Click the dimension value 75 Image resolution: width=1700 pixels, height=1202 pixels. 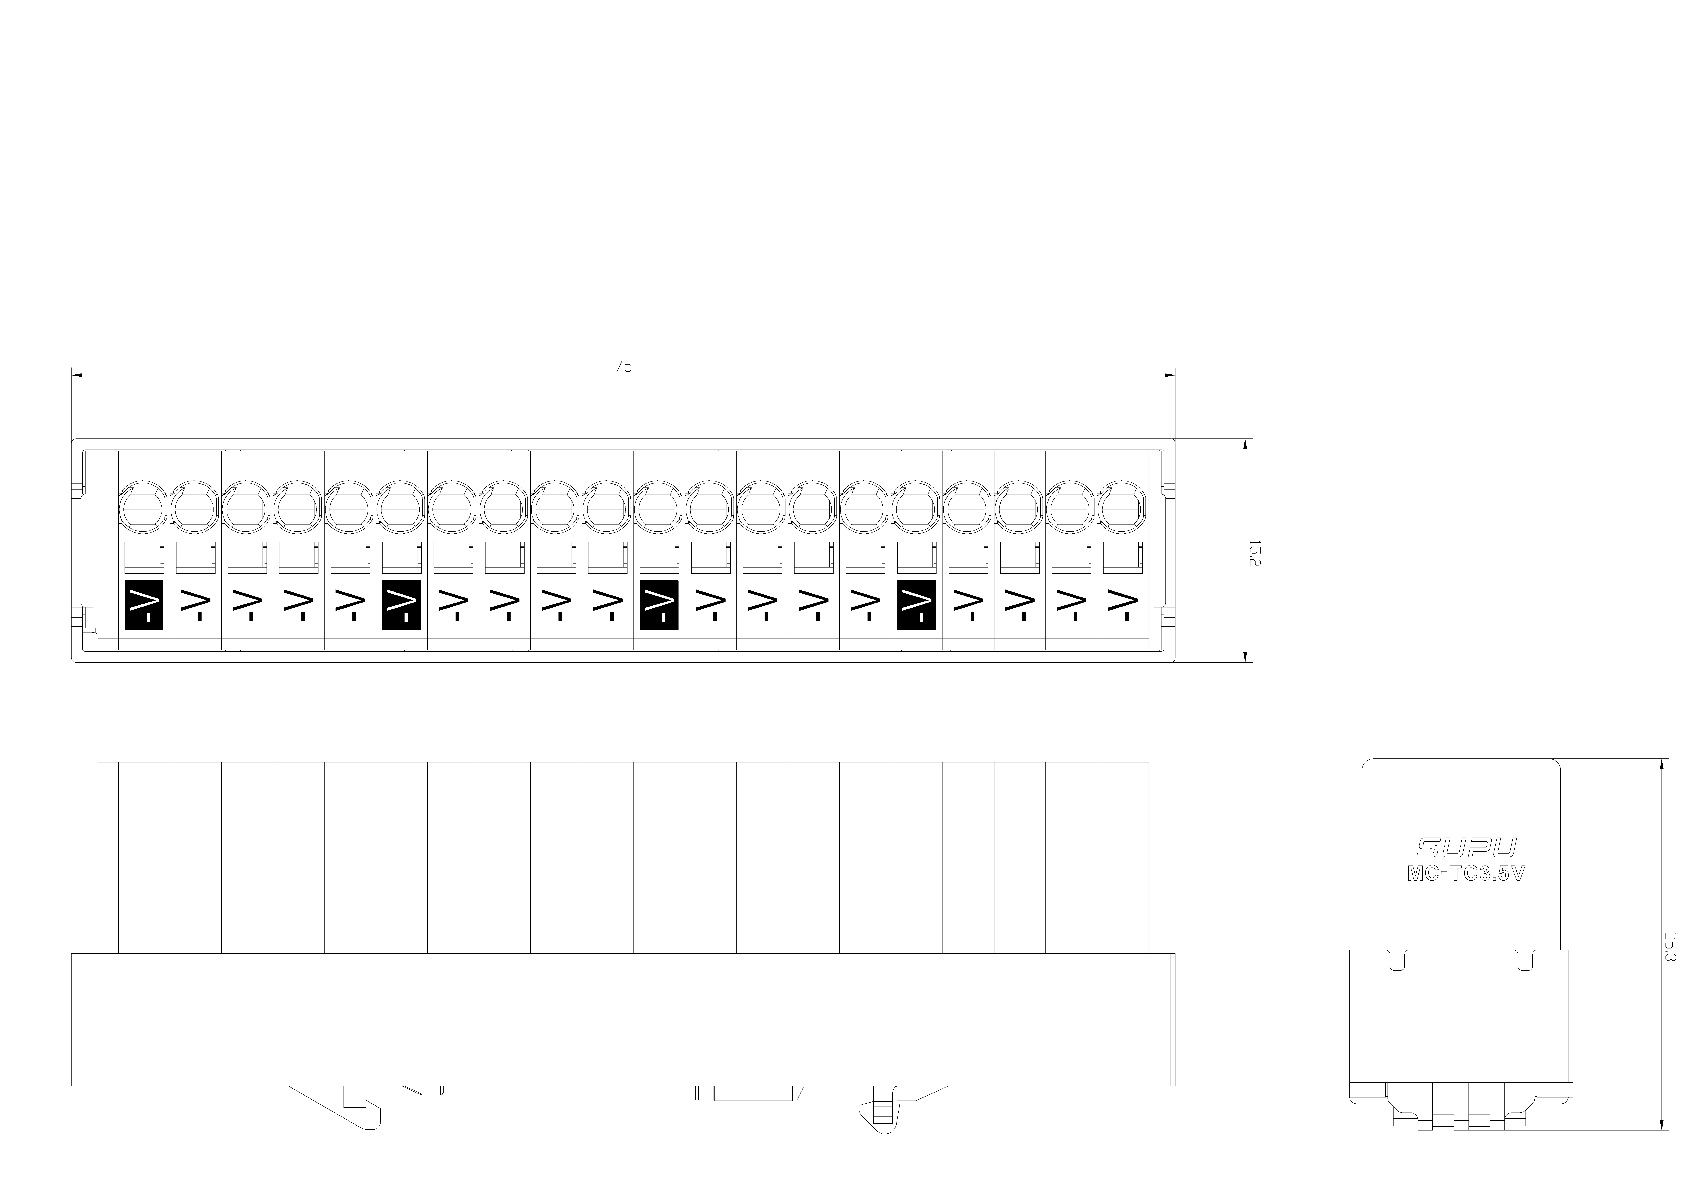[x=623, y=366]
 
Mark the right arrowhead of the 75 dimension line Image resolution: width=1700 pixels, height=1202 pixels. [x=1170, y=375]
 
